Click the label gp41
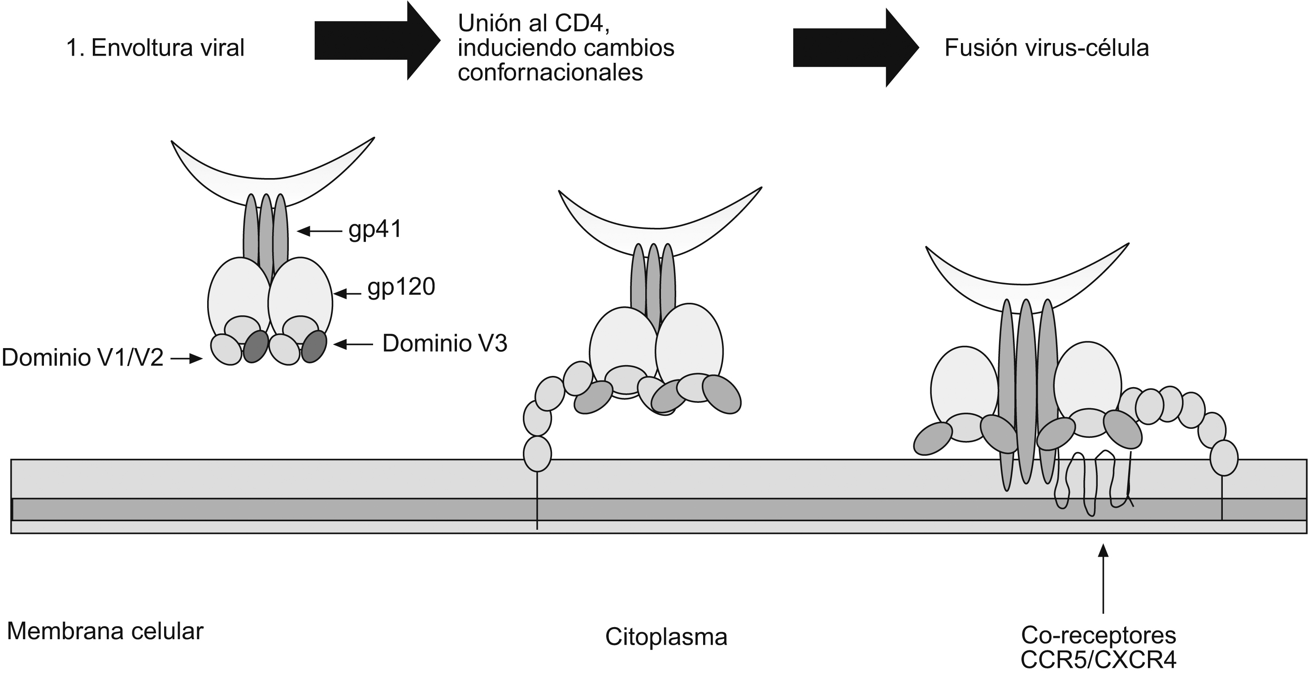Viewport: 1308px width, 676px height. (x=375, y=230)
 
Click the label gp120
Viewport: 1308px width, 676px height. (x=401, y=287)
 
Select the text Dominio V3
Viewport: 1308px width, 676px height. (x=444, y=344)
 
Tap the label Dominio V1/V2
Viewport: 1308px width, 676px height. (x=83, y=358)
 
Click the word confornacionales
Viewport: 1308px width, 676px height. (x=550, y=73)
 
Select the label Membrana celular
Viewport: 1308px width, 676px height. (x=105, y=631)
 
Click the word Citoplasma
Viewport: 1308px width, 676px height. (x=666, y=637)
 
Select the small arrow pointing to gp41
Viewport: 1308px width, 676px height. (x=319, y=231)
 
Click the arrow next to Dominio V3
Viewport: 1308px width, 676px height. (x=353, y=345)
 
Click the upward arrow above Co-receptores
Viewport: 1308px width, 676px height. (x=1103, y=579)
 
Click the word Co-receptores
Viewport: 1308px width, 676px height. (x=1098, y=635)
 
